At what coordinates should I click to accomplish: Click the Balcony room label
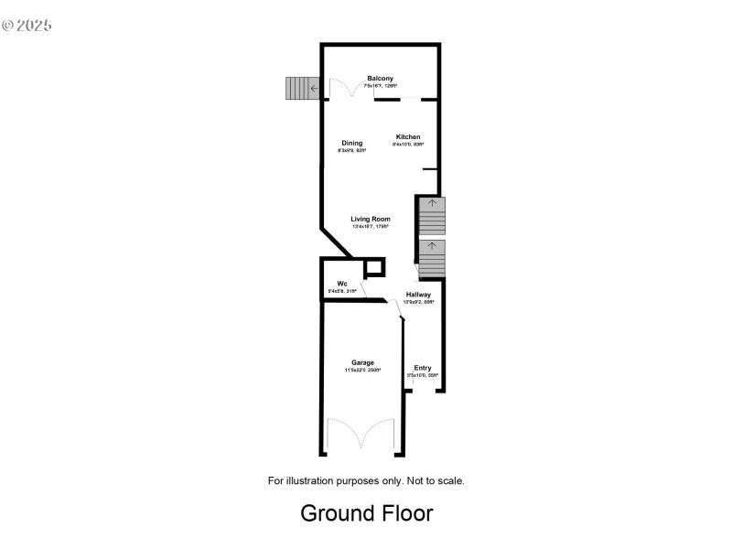coord(381,79)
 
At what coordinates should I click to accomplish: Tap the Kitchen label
coord(407,137)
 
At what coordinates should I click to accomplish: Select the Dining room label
coord(352,143)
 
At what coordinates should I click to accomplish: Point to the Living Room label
coord(371,219)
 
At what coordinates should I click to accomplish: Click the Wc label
coord(341,284)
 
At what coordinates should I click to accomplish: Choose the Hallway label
coord(419,294)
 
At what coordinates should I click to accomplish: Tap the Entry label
coord(423,368)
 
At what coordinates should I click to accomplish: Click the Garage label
coord(363,362)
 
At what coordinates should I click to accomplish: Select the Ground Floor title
coord(366,513)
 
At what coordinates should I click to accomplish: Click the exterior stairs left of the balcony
coord(297,89)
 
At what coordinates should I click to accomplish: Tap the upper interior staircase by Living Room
coord(431,216)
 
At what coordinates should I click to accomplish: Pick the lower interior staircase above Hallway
coord(431,259)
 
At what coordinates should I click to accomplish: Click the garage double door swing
coord(361,434)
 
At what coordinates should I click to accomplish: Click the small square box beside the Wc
coord(373,268)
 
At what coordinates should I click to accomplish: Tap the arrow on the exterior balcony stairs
coord(313,89)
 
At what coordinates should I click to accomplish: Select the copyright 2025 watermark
coord(27,25)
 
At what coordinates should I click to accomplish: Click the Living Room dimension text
coord(371,227)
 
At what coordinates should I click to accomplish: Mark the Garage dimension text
coord(363,371)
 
